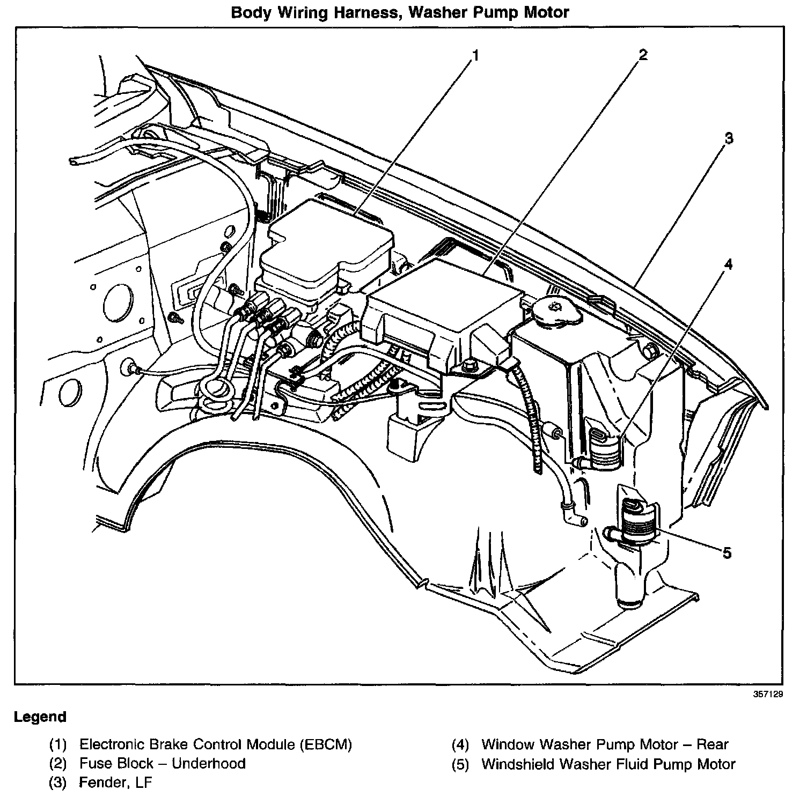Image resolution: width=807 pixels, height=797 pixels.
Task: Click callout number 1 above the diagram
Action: point(475,55)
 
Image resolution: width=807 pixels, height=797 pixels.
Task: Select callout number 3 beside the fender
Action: point(728,138)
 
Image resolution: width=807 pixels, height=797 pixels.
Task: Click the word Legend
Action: point(40,717)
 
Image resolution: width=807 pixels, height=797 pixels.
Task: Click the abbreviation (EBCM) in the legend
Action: point(326,744)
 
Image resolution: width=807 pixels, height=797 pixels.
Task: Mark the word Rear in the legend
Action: point(712,744)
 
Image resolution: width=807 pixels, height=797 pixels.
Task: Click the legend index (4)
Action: point(460,744)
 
